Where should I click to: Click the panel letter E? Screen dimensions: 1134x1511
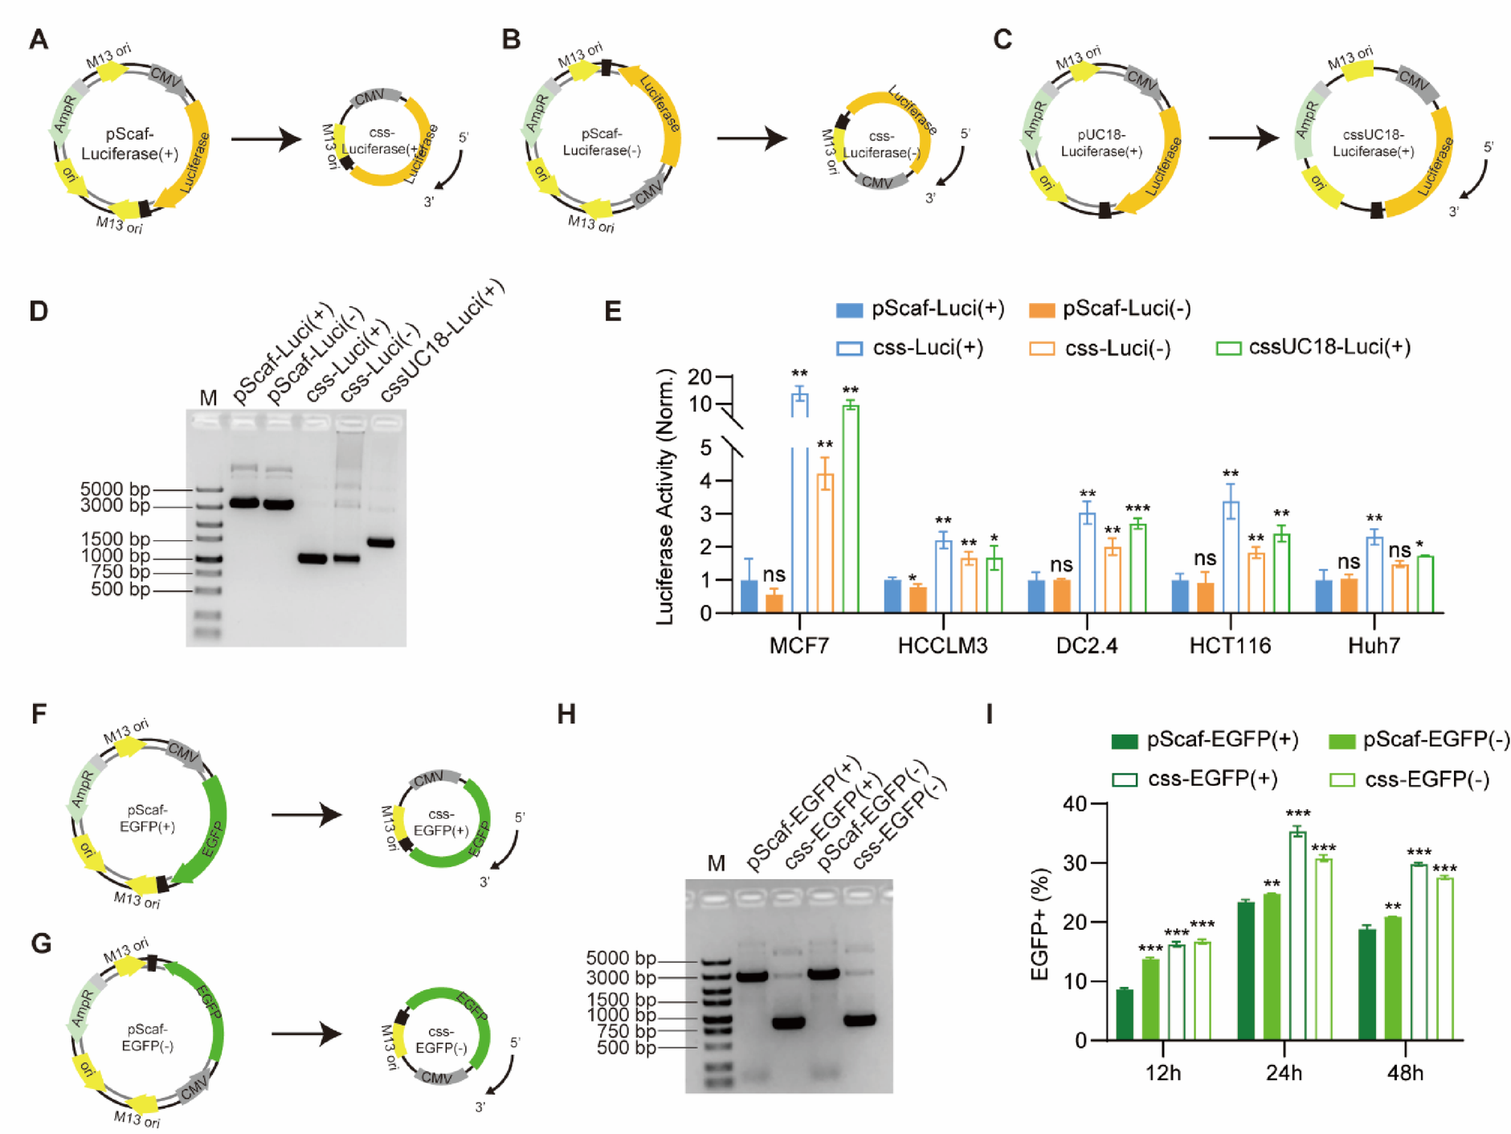click(613, 310)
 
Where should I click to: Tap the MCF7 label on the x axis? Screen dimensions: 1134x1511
click(798, 645)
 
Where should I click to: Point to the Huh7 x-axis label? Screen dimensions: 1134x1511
click(1374, 645)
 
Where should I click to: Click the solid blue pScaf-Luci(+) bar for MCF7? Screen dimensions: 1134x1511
click(749, 596)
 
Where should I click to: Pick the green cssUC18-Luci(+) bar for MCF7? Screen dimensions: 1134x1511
click(850, 509)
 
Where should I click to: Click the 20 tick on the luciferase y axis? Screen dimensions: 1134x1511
click(700, 376)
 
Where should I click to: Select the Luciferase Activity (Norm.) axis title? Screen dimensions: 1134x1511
click(665, 497)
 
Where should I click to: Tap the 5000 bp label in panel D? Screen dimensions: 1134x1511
click(115, 489)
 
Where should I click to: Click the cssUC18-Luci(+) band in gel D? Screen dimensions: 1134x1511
click(381, 542)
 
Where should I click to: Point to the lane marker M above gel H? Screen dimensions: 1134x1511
click(716, 863)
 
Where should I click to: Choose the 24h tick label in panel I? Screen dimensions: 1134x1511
click(1284, 1073)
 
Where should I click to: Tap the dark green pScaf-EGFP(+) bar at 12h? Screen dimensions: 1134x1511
click(1125, 1014)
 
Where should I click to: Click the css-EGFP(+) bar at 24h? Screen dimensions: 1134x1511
click(1297, 936)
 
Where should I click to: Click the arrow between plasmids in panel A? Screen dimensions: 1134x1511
click(266, 139)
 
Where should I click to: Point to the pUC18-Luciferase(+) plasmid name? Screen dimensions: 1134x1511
click(1101, 143)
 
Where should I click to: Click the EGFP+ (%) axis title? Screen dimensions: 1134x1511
click(1039, 924)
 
